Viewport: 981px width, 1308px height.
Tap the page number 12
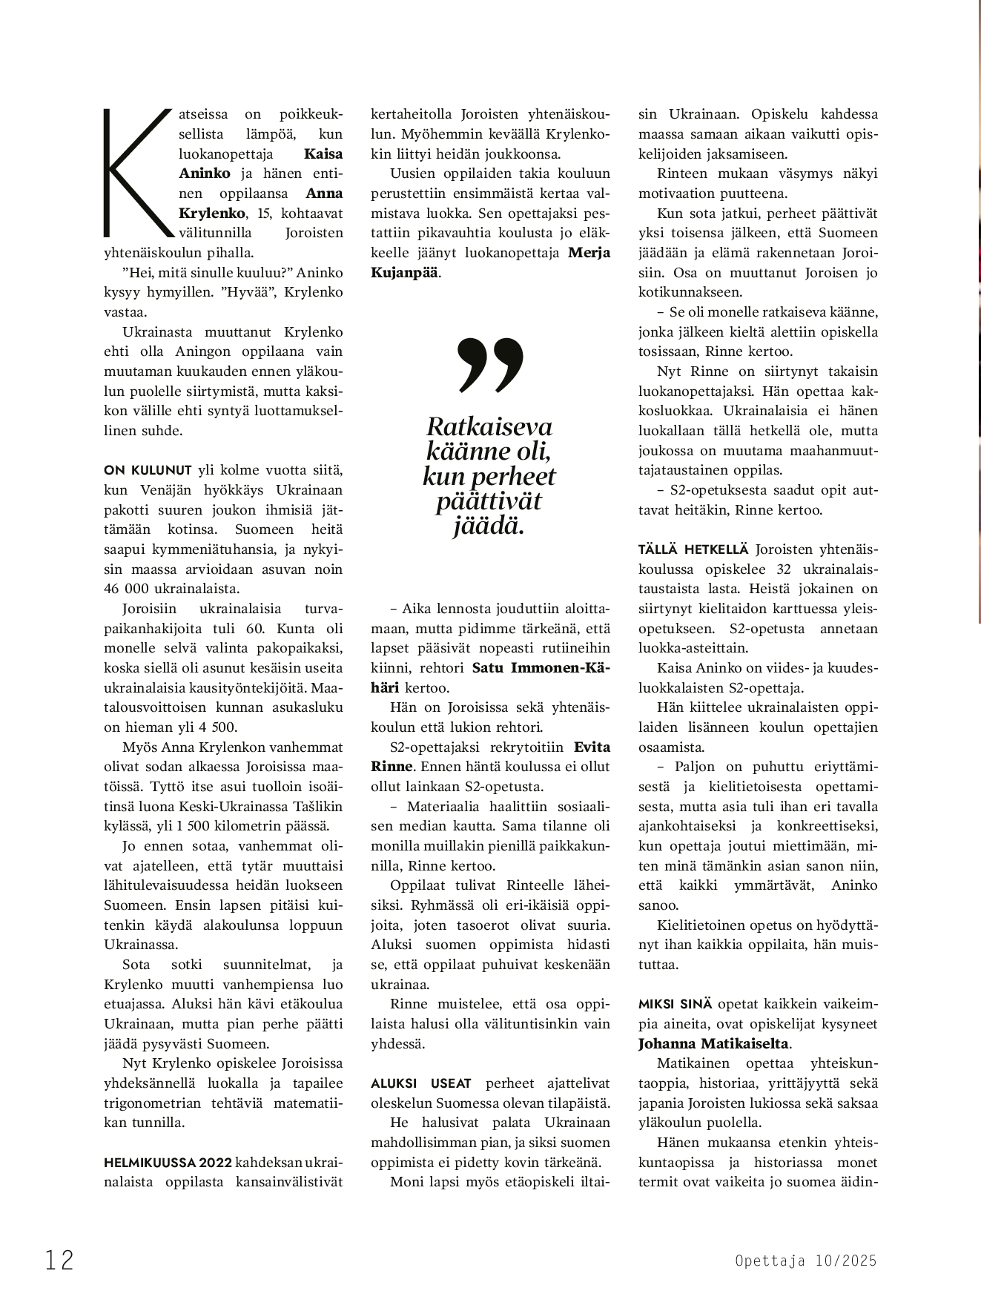tap(59, 1260)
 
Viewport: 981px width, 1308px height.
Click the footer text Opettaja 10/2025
tap(805, 1261)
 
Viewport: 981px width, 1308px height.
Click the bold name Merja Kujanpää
tap(489, 262)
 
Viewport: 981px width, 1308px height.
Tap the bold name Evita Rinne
tap(489, 756)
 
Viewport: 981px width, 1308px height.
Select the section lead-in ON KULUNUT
tap(148, 470)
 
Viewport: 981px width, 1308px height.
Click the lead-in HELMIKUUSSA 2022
tap(168, 1162)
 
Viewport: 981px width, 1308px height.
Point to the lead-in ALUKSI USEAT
tap(421, 1083)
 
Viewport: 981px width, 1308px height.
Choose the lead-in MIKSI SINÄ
tap(675, 1004)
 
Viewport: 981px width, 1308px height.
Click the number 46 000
tap(131, 589)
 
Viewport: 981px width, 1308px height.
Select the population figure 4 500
tap(221, 727)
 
